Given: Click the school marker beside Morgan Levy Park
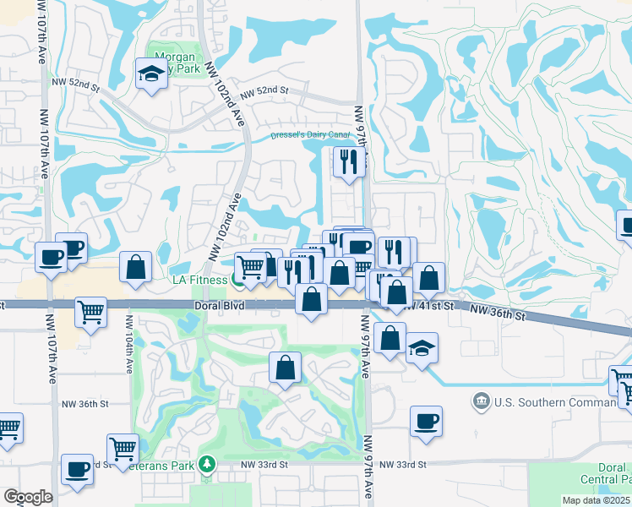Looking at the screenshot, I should (150, 74).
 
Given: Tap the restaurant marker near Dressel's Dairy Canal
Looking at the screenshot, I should (347, 161).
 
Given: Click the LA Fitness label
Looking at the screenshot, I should (200, 280).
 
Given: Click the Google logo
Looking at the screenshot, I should (28, 497).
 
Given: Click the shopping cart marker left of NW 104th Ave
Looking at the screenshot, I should (90, 311).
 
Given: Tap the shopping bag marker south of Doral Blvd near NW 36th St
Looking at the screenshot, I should (286, 368).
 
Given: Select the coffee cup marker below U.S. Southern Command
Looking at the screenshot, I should (426, 421).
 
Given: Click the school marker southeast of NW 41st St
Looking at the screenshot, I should (421, 347).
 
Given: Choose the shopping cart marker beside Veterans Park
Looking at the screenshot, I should (123, 448).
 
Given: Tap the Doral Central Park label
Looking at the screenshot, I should (612, 473).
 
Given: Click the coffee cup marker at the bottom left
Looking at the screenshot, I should (78, 469).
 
